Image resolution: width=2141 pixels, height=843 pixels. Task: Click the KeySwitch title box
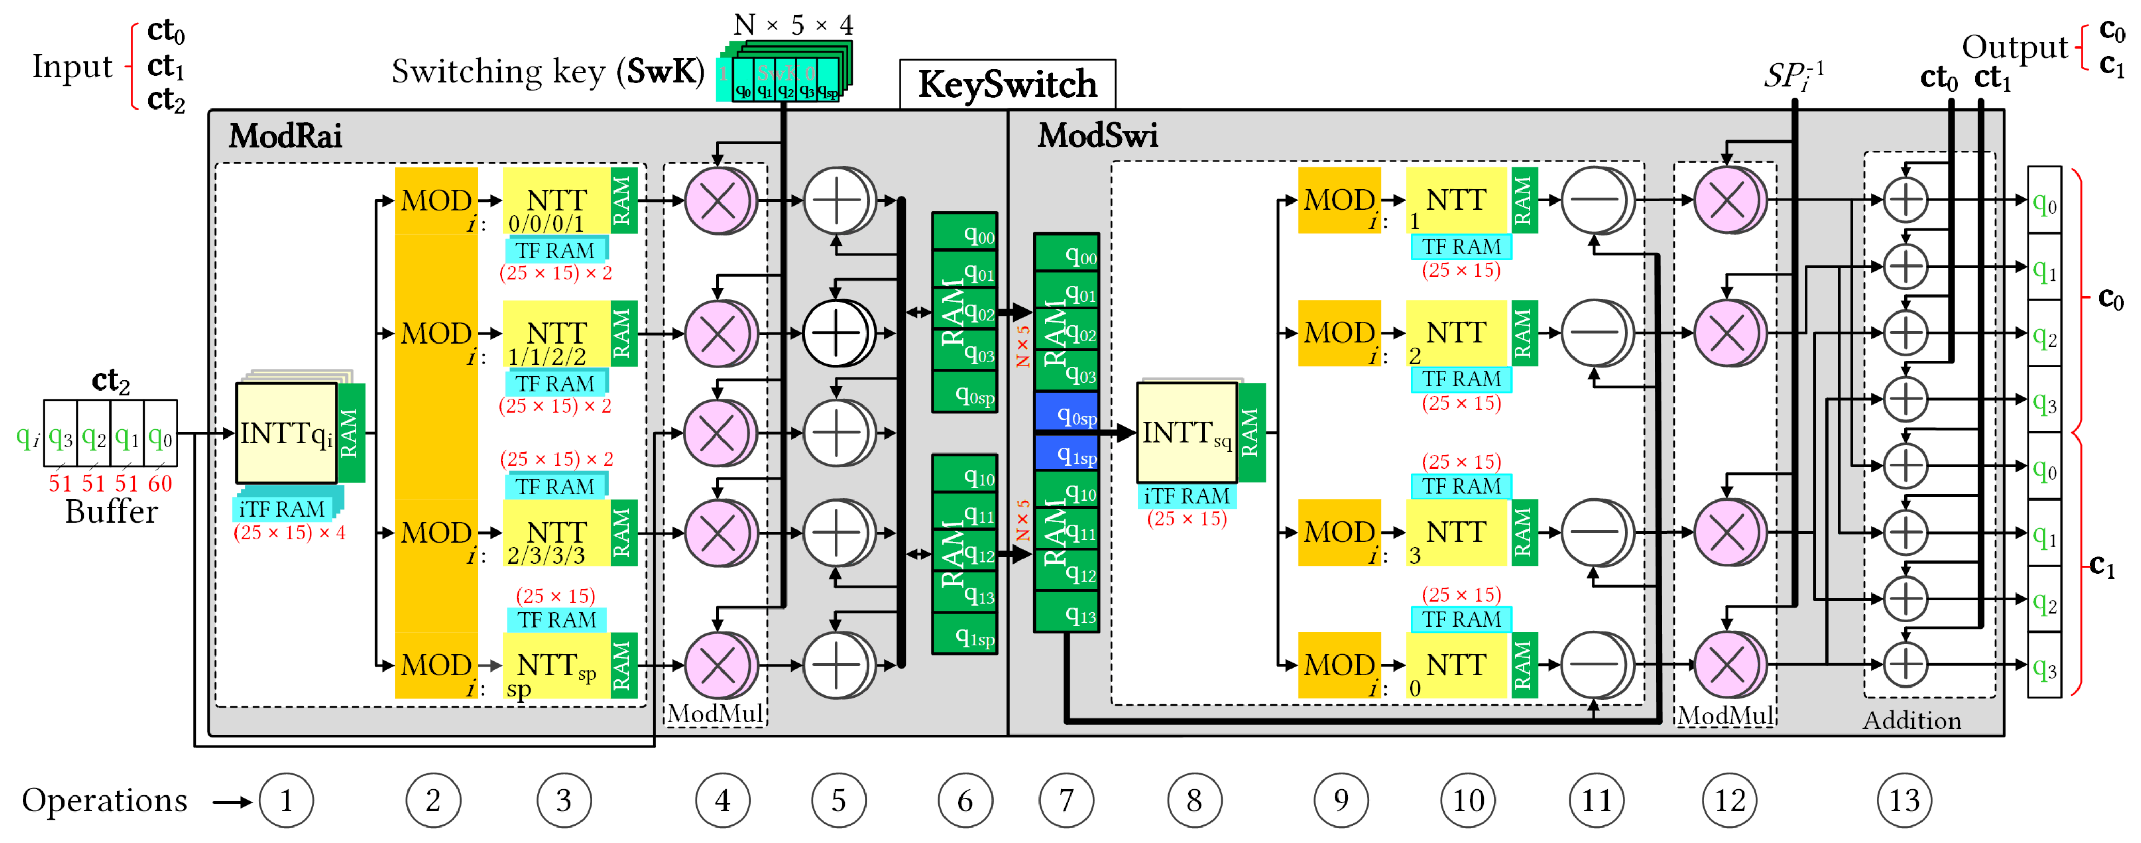click(x=1006, y=84)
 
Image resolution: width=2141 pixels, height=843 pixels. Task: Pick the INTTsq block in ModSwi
click(x=1186, y=432)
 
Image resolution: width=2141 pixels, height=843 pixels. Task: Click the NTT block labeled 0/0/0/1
click(x=557, y=201)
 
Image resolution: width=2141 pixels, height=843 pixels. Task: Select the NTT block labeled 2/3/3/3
click(x=557, y=533)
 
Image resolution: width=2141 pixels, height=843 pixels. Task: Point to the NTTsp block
click(x=557, y=666)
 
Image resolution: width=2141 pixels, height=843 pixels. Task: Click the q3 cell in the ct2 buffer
click(x=60, y=435)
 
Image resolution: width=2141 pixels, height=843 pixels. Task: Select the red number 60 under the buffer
click(x=160, y=483)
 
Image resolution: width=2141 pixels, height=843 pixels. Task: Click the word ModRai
click(x=285, y=135)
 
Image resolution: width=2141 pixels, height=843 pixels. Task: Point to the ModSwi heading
click(x=1097, y=135)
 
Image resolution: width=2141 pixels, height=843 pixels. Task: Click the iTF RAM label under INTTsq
click(x=1186, y=496)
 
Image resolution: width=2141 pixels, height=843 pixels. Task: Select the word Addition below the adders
click(x=1912, y=720)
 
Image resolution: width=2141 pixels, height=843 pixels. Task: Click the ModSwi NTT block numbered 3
click(x=1456, y=533)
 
